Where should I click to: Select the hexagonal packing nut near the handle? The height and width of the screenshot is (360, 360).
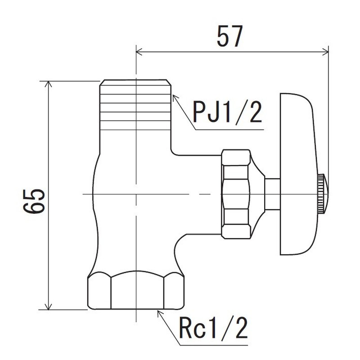[x=236, y=193]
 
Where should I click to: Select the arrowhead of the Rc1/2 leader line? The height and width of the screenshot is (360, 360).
[x=158, y=312]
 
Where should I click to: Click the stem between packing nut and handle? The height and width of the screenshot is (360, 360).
[x=272, y=193]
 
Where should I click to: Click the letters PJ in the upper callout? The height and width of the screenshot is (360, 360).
[x=205, y=113]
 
